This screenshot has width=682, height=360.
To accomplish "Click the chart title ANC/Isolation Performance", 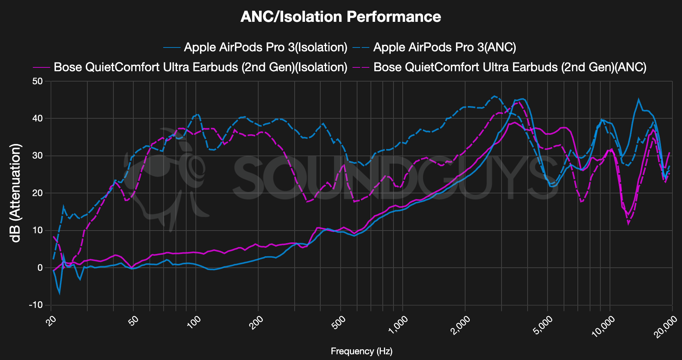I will pos(341,17).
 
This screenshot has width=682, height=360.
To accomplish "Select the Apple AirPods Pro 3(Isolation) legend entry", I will pos(265,47).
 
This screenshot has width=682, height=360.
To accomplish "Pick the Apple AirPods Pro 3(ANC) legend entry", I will pos(444,47).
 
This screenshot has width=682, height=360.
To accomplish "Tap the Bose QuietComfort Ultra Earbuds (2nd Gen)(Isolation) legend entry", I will pos(200,67).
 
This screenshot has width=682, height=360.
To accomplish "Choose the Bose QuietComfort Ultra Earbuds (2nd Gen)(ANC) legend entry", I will pos(510,67).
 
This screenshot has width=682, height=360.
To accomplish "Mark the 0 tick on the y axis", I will pos(40,268).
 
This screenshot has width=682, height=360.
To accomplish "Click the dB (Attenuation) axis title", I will pos(15,193).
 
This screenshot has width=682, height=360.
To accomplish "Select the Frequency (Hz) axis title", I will pos(361,351).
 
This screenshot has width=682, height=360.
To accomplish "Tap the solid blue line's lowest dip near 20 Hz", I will pos(59,293).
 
